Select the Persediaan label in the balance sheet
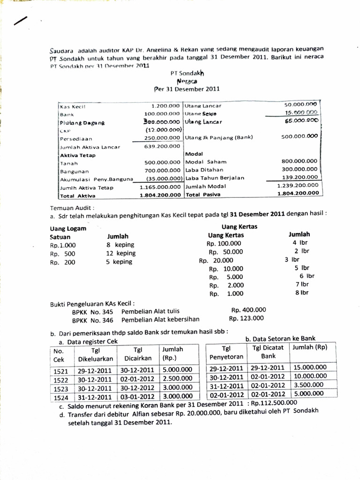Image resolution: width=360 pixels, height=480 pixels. [75, 139]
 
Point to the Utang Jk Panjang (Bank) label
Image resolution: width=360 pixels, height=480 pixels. [218, 137]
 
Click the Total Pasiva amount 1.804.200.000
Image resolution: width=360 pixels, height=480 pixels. [298, 194]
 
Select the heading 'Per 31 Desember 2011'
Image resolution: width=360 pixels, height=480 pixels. [187, 89]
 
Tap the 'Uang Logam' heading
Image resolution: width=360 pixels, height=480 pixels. [68, 228]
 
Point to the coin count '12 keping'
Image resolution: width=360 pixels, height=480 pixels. [120, 253]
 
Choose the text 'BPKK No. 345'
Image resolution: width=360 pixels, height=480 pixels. [92, 311]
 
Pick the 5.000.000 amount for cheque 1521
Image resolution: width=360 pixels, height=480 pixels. [177, 370]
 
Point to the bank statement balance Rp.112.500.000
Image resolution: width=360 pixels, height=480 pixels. [274, 402]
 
